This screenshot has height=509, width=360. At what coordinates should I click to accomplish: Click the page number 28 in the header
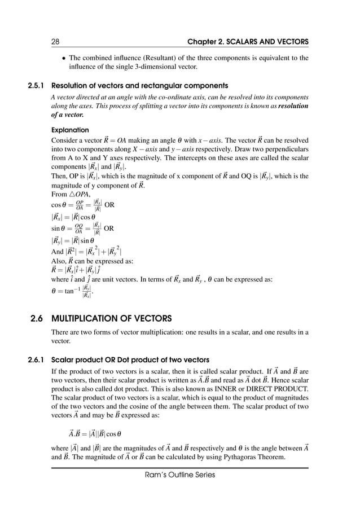pos(55,41)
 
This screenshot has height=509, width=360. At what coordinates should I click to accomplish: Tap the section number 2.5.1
pos(37,86)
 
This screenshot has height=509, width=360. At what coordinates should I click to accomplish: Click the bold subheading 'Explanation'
pos(70,129)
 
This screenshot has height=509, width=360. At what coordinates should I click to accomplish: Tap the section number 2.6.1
pos(37,360)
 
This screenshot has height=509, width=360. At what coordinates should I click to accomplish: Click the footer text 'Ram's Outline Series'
pos(179,475)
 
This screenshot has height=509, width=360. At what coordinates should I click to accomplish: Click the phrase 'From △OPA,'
pos(72,194)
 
